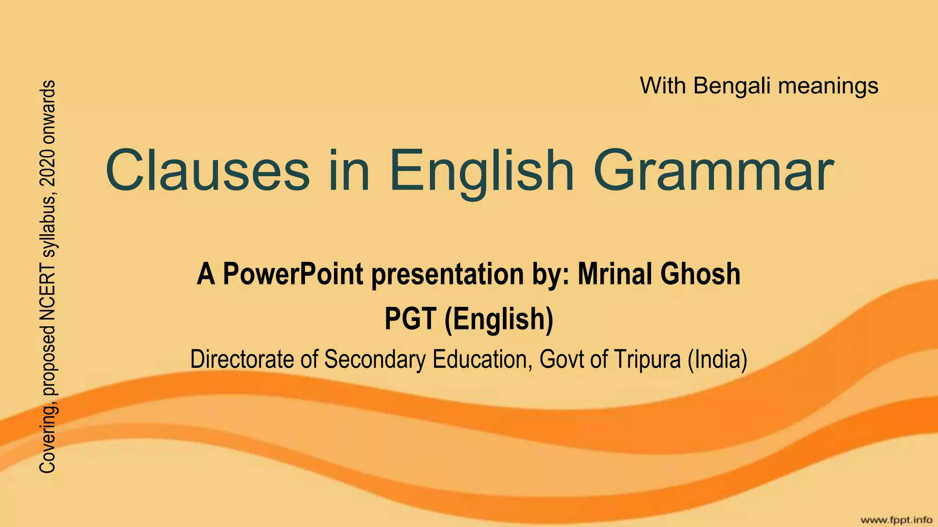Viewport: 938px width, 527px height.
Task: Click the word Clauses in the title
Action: point(207,170)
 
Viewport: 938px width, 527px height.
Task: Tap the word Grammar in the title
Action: point(713,170)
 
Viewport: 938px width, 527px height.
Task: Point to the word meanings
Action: point(828,86)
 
